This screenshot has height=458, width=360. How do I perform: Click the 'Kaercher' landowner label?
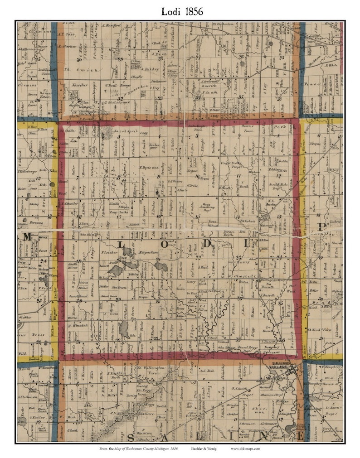79,85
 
